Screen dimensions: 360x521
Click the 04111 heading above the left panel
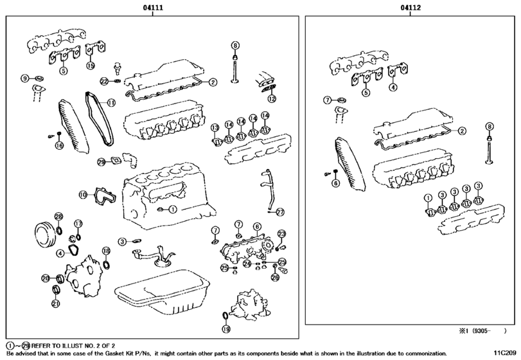(x=152, y=8)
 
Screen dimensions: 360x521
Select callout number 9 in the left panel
(x=25, y=78)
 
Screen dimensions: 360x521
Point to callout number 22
(x=103, y=81)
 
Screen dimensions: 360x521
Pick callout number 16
(x=59, y=145)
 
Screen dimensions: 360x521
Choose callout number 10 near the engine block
(x=83, y=194)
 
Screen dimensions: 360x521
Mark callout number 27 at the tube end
(x=279, y=212)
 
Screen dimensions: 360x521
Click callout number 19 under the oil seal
(x=226, y=329)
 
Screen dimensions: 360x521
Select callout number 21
(x=55, y=304)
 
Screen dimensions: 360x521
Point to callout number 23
(x=281, y=233)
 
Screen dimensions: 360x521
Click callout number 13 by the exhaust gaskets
(x=215, y=127)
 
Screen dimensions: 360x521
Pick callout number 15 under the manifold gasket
(x=91, y=65)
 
